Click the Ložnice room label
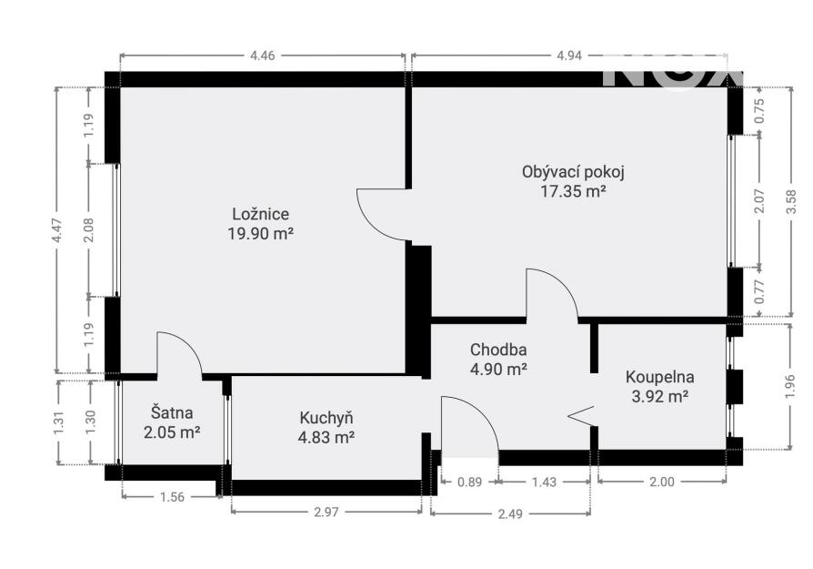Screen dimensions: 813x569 260,214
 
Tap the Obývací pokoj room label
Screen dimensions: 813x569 573,172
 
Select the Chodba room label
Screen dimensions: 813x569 498,350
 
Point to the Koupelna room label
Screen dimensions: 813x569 659,377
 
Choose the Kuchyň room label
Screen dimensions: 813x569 326,417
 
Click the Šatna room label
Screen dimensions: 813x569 172,412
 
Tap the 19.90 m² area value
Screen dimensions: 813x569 260,234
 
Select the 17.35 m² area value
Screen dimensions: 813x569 573,191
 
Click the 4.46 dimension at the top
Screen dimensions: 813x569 262,56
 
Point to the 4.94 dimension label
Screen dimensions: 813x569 569,56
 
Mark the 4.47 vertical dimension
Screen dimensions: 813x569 56,229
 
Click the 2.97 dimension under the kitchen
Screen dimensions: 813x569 326,512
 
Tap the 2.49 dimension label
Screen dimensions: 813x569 510,514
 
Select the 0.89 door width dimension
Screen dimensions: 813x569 470,482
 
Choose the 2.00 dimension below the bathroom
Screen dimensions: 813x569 662,482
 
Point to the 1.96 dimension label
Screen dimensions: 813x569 789,387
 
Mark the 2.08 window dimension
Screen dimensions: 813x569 89,229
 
